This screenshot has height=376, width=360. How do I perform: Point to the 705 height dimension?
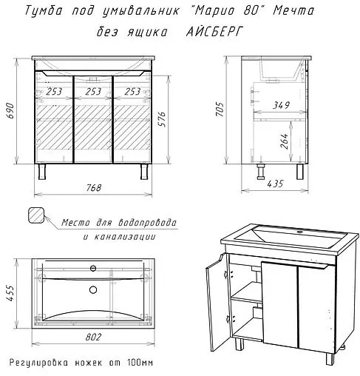click(x=220, y=111)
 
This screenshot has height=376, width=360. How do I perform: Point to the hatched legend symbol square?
click(x=35, y=216)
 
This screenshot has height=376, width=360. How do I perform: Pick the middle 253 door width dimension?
click(x=94, y=92)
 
